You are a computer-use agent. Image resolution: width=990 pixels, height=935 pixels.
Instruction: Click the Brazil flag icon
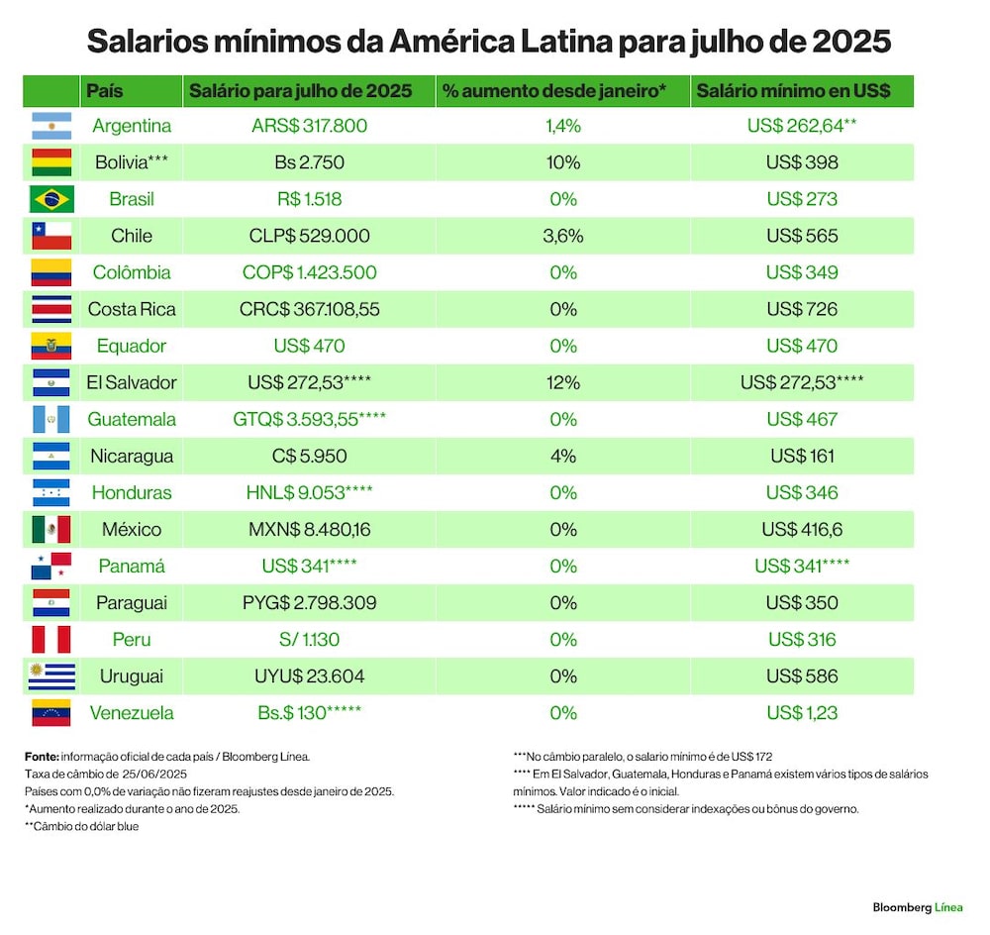pyautogui.click(x=51, y=199)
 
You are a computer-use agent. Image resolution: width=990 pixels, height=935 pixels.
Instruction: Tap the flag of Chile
pyautogui.click(x=51, y=236)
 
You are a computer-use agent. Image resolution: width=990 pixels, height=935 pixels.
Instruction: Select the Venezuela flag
pyautogui.click(x=51, y=712)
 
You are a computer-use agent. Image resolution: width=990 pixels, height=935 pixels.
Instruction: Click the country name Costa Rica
pyautogui.click(x=132, y=309)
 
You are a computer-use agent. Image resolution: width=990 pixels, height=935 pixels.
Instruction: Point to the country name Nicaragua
pyautogui.click(x=132, y=457)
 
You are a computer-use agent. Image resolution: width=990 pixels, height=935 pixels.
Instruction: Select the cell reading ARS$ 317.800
pyautogui.click(x=309, y=126)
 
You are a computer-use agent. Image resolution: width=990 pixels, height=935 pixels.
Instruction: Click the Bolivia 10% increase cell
pyautogui.click(x=563, y=162)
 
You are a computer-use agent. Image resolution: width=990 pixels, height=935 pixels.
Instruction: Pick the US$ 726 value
pyautogui.click(x=802, y=309)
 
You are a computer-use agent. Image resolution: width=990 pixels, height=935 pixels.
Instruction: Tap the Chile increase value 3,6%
pyautogui.click(x=563, y=236)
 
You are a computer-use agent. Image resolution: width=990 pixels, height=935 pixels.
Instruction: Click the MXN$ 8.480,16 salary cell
pyautogui.click(x=309, y=530)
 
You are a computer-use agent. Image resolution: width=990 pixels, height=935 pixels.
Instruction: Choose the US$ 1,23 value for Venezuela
pyautogui.click(x=802, y=712)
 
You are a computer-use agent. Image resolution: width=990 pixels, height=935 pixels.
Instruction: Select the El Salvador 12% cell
pyautogui.click(x=563, y=382)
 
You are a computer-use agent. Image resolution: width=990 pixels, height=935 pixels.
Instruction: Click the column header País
pyautogui.click(x=105, y=91)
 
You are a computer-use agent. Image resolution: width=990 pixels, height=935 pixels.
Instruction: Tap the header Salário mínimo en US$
pyautogui.click(x=793, y=91)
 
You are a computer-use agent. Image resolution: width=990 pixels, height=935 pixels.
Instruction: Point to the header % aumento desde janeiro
pyautogui.click(x=554, y=91)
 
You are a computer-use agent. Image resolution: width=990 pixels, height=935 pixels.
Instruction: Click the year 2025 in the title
pyautogui.click(x=851, y=41)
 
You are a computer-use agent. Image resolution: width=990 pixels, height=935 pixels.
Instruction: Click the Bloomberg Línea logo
pyautogui.click(x=918, y=908)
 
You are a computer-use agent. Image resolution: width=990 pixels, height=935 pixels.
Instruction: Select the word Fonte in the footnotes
pyautogui.click(x=42, y=756)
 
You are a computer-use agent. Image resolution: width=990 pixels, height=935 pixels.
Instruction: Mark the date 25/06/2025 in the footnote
pyautogui.click(x=154, y=774)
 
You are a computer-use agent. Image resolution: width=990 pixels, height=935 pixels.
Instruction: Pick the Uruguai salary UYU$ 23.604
pyautogui.click(x=309, y=675)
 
